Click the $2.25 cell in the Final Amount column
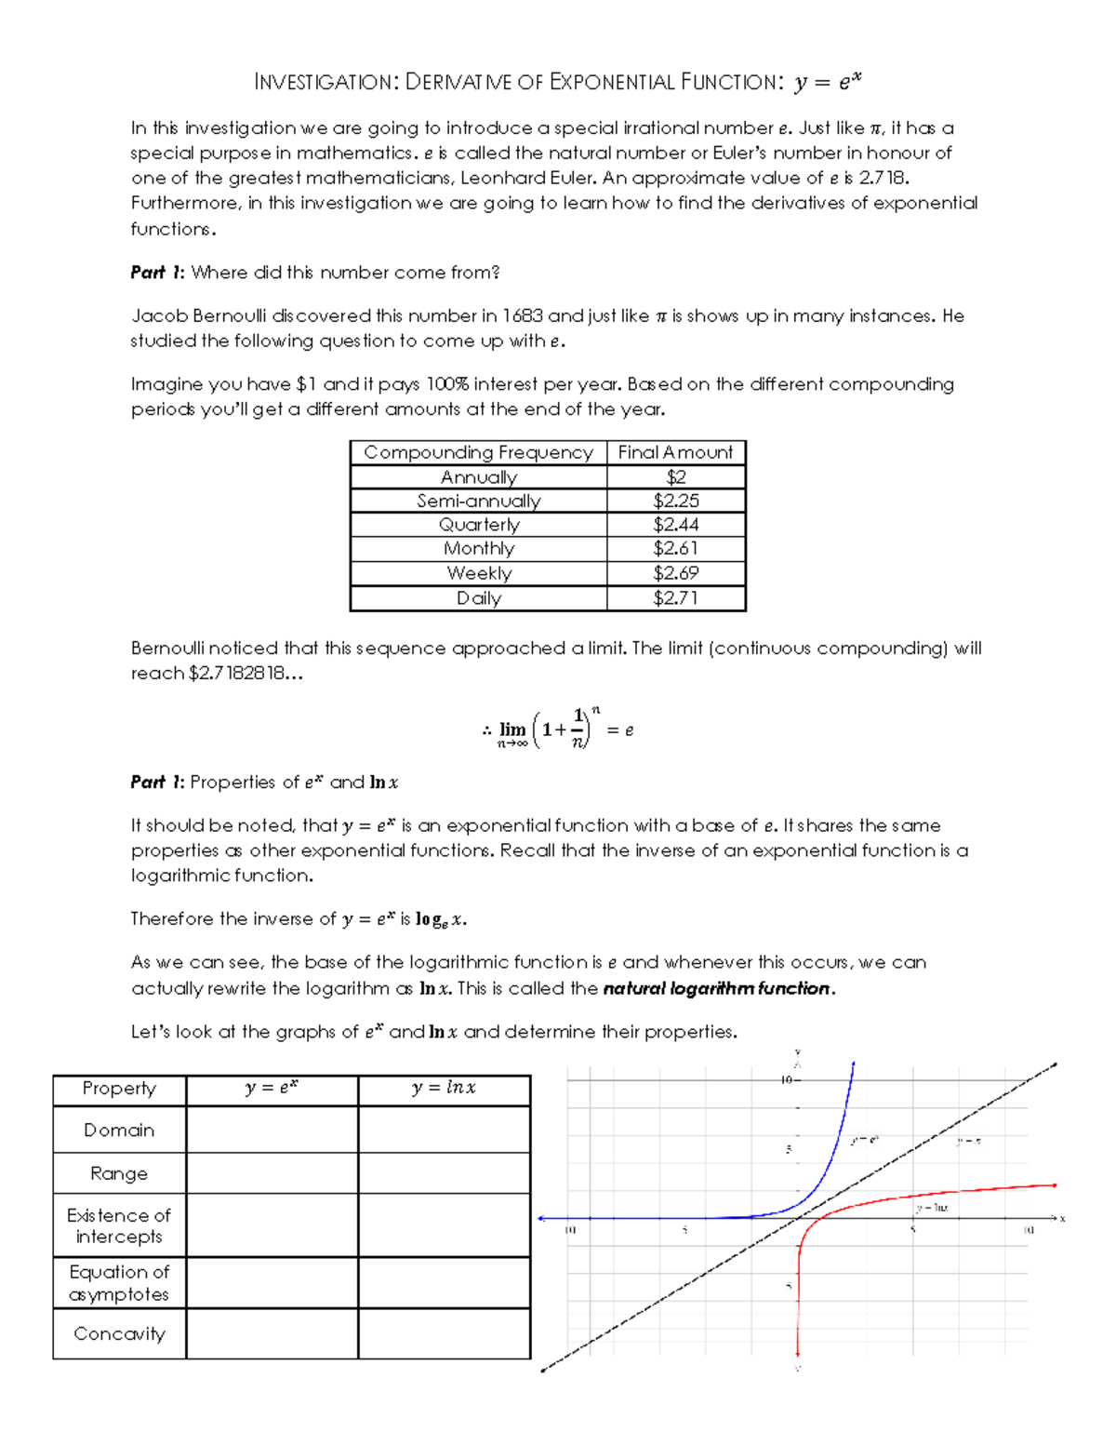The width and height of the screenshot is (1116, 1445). tap(675, 501)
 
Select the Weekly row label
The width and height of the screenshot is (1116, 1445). tap(479, 573)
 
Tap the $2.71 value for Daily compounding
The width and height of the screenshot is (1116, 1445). tap(675, 598)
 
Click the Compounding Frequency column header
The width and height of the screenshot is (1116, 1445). tap(478, 452)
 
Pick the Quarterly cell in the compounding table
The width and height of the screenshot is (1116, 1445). tap(479, 525)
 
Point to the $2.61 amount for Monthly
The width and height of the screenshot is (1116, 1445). tap(675, 549)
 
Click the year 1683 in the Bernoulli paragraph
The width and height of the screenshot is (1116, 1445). tap(522, 316)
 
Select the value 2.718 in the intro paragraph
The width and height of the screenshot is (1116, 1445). tap(883, 179)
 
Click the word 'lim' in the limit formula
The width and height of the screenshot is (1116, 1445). tap(512, 729)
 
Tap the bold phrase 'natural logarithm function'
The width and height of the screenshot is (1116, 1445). tap(716, 988)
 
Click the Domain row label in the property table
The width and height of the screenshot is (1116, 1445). tap(119, 1131)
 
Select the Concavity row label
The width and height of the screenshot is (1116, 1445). tap(119, 1334)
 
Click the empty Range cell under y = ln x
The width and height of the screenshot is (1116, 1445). tap(444, 1173)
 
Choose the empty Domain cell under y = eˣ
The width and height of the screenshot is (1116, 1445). tap(272, 1131)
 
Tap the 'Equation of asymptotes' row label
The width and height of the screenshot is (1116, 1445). tap(119, 1283)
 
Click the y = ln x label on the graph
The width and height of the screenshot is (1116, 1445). tap(932, 1208)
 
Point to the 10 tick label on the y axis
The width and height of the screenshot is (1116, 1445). tap(786, 1080)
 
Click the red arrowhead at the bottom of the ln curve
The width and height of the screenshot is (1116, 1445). tap(798, 1354)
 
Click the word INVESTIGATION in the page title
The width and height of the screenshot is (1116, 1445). tap(325, 83)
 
